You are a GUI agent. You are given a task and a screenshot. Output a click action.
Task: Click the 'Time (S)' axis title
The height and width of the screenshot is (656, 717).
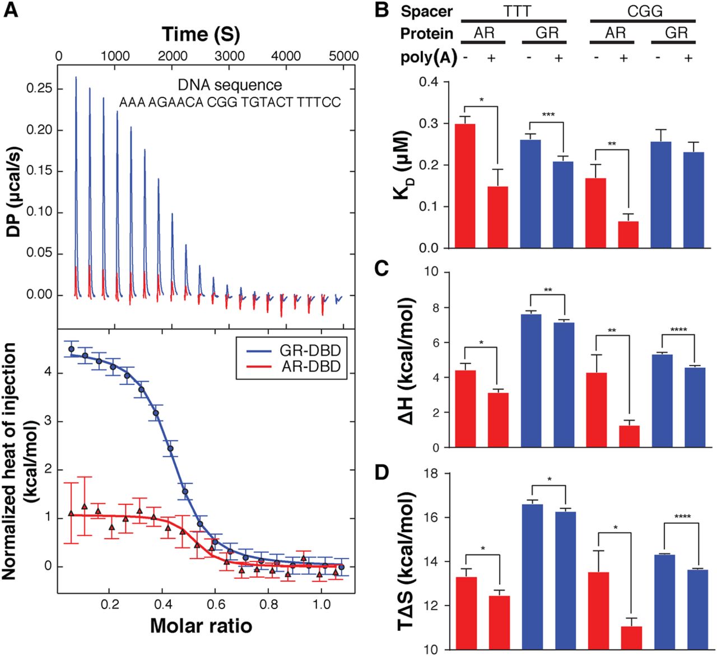tap(201, 34)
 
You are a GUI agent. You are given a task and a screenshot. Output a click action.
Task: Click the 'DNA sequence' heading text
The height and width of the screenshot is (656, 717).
tap(230, 85)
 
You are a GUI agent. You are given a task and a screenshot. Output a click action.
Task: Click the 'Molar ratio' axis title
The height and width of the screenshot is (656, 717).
tap(201, 626)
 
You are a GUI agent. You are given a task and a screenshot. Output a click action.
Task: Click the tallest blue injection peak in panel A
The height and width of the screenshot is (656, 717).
tap(76, 168)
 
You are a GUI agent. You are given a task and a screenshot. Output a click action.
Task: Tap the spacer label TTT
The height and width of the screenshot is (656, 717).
tap(514, 11)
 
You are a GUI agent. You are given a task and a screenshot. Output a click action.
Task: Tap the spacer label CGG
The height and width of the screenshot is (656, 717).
tap(644, 11)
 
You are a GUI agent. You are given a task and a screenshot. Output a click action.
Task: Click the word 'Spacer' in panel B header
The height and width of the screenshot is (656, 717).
tap(427, 11)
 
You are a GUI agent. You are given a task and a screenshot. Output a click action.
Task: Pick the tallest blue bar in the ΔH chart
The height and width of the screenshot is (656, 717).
tap(530, 381)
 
